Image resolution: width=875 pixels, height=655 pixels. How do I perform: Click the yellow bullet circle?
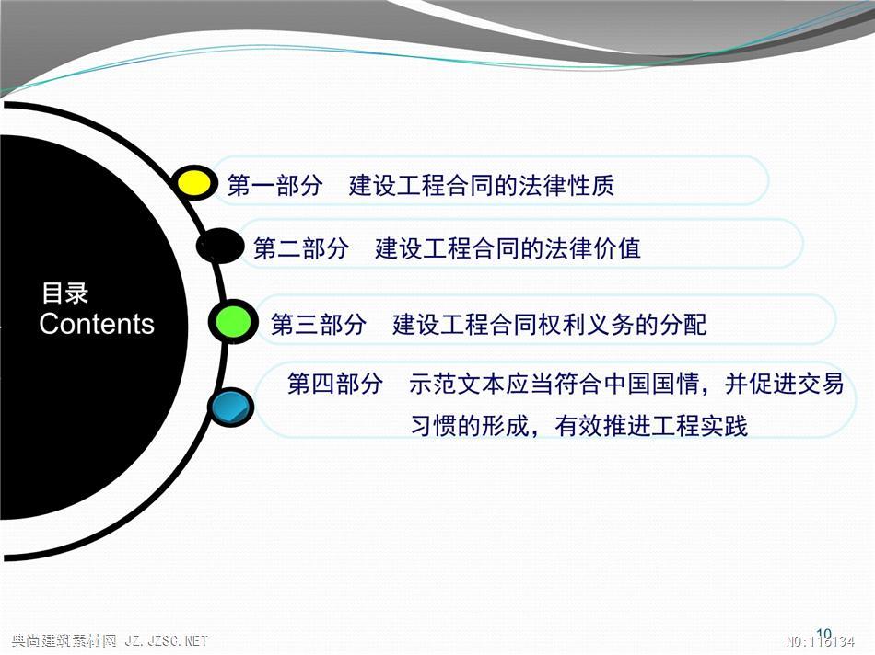[x=193, y=183]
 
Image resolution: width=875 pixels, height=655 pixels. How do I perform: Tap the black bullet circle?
[x=220, y=246]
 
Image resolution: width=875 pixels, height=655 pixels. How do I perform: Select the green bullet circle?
[x=234, y=322]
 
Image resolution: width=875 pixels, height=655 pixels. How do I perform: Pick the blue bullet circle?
[x=231, y=408]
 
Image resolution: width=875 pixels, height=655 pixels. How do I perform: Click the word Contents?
[x=97, y=324]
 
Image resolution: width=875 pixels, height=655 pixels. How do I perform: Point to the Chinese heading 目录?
[x=64, y=293]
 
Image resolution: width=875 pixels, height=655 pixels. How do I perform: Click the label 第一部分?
[x=275, y=185]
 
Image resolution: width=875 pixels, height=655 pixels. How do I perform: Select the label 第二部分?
[x=301, y=248]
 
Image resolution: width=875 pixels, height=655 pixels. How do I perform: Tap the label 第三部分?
[x=319, y=325]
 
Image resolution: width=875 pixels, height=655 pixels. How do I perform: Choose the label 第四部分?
[x=335, y=384]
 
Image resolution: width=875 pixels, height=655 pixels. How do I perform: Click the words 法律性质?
[x=566, y=185]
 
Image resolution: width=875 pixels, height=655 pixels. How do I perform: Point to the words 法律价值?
[x=592, y=248]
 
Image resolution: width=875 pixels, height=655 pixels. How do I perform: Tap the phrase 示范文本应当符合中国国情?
[x=554, y=384]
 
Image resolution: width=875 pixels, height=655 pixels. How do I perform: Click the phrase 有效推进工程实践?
[x=651, y=426]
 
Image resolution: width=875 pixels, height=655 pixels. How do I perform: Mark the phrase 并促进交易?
[x=785, y=384]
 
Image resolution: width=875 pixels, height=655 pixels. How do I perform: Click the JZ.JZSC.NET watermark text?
[x=166, y=641]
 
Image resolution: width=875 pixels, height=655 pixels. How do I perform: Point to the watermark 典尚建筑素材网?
[x=63, y=641]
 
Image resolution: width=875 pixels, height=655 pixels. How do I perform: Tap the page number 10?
[x=823, y=634]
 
